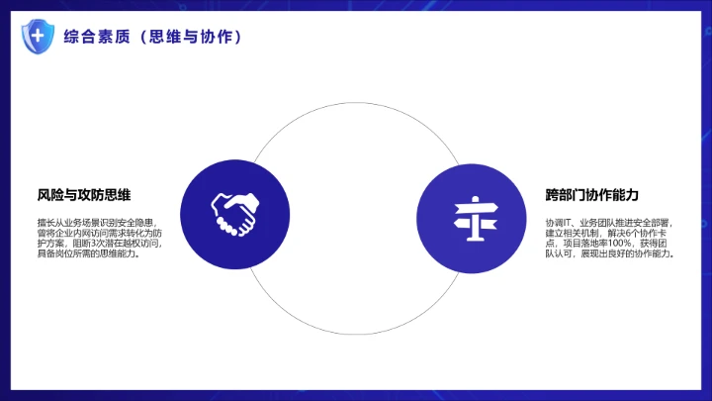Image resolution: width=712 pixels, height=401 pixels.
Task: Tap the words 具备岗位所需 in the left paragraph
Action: pos(61,253)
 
